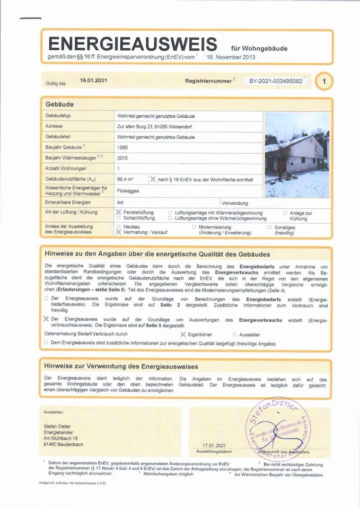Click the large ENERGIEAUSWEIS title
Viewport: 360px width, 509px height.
pyautogui.click(x=132, y=42)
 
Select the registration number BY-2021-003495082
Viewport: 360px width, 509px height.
pyautogui.click(x=276, y=81)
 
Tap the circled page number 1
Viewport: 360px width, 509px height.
pyautogui.click(x=324, y=81)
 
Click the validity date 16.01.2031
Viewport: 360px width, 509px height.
pyautogui.click(x=93, y=81)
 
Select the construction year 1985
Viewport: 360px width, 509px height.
pyautogui.click(x=123, y=147)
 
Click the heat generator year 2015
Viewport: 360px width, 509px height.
pyautogui.click(x=123, y=158)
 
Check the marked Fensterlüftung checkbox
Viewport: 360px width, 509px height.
pyautogui.click(x=119, y=212)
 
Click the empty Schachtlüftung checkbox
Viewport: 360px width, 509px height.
pyautogui.click(x=119, y=218)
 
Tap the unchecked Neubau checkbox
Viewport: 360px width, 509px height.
pyautogui.click(x=119, y=226)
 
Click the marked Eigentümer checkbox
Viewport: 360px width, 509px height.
pyautogui.click(x=183, y=335)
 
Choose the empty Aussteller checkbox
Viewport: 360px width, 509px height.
pyautogui.click(x=234, y=335)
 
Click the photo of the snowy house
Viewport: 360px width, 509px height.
pyautogui.click(x=297, y=155)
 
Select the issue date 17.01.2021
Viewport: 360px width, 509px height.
pyautogui.click(x=214, y=445)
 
